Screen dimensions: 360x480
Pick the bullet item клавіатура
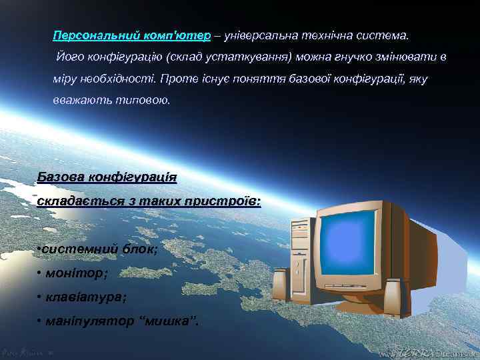click(87, 297)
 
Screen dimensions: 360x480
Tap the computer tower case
click(300, 267)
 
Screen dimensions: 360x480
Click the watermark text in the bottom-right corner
click(427, 351)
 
